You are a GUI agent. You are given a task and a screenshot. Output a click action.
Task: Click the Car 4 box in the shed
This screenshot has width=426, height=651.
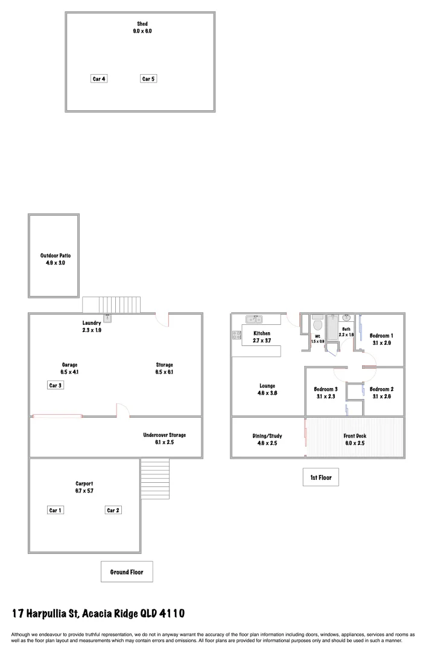coord(98,78)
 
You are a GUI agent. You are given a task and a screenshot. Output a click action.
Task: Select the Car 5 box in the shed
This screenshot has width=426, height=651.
coord(148,78)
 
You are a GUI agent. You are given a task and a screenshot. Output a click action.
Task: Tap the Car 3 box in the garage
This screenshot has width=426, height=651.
coord(56,385)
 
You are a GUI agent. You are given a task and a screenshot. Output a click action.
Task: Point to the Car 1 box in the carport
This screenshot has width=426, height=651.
coord(56,511)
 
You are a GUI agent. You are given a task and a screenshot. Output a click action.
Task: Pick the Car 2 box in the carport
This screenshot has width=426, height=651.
coord(113,511)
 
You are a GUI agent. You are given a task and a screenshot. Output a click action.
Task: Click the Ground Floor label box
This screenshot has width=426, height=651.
coord(127,571)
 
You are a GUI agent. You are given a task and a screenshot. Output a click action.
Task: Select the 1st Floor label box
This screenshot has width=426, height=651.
coord(321,477)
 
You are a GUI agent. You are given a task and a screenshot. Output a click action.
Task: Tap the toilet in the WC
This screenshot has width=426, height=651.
coord(318,325)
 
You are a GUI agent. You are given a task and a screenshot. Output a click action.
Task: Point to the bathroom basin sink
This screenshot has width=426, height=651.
coord(347,318)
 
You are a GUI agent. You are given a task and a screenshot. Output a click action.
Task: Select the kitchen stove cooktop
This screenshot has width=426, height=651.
coord(237,335)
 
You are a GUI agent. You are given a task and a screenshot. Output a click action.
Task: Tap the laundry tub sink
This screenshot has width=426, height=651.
coord(107,318)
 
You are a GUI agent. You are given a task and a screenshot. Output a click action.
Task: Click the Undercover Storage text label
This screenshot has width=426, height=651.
coord(164,435)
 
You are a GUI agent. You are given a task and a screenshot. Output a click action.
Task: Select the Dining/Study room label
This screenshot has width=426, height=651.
coord(267,436)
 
